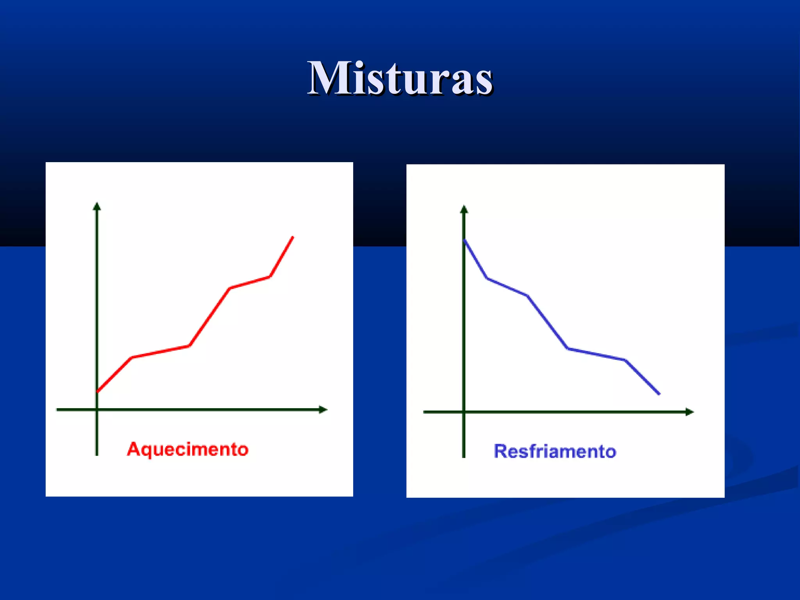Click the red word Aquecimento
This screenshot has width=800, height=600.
coord(187,450)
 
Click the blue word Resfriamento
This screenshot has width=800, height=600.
coord(555,452)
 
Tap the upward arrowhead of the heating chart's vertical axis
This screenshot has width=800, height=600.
coord(97,206)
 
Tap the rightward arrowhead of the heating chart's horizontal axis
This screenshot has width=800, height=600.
coord(323,410)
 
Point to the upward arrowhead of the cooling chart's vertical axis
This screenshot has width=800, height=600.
coord(464,209)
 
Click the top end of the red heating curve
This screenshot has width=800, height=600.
coord(293,237)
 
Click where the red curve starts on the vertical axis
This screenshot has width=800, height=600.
coord(97,391)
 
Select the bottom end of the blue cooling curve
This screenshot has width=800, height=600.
coord(659,394)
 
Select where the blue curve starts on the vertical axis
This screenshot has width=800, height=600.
coord(464,240)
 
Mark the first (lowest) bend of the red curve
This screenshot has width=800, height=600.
coord(132,357)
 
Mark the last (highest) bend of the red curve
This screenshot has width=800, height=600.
coord(270,277)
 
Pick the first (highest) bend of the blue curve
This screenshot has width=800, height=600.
coord(487,278)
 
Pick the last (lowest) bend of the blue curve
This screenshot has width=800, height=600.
coord(625,360)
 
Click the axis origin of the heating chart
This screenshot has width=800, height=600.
coord(97,410)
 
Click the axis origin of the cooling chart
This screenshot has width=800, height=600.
coord(464,412)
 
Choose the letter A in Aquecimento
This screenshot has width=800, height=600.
coord(134,449)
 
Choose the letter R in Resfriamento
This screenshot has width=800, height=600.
coord(501,451)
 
